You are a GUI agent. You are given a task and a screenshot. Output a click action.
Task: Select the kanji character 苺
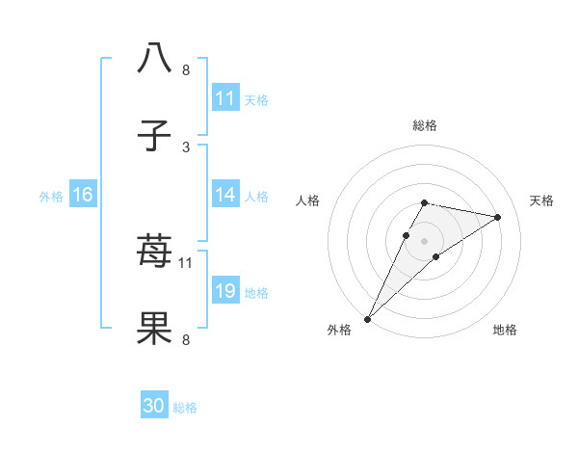155,253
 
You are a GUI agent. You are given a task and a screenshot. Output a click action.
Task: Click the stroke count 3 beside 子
186,147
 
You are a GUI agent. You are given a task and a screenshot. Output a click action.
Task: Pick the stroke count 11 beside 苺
186,262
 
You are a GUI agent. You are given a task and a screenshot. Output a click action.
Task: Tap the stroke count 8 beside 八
186,70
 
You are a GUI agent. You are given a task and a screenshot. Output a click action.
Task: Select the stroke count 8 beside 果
186,340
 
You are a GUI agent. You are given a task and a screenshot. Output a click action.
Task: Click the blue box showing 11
225,98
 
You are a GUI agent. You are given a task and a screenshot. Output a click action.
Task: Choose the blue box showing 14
225,195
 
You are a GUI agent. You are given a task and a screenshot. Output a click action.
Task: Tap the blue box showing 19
225,291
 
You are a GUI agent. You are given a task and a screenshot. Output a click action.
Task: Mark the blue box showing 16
83,195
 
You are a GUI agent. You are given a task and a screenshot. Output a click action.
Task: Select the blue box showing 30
154,407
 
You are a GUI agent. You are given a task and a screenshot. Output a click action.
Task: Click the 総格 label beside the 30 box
186,408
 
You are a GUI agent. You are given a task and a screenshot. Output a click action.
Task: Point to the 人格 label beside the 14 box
257,196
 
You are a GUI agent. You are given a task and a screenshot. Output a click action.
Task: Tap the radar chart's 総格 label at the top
425,125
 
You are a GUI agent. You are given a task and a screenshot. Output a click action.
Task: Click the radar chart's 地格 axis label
505,331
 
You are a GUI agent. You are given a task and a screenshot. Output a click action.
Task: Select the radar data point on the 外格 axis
367,319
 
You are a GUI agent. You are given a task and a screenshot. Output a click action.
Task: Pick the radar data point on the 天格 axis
498,217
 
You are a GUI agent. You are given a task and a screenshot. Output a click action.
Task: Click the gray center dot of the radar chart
425,241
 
